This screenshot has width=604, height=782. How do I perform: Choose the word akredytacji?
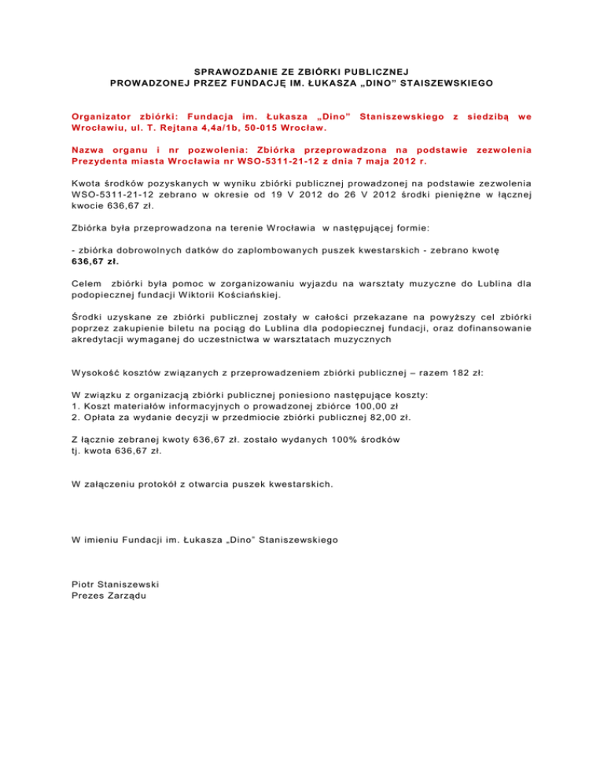click(x=103, y=341)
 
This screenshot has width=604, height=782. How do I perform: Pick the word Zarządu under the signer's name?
click(x=127, y=596)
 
